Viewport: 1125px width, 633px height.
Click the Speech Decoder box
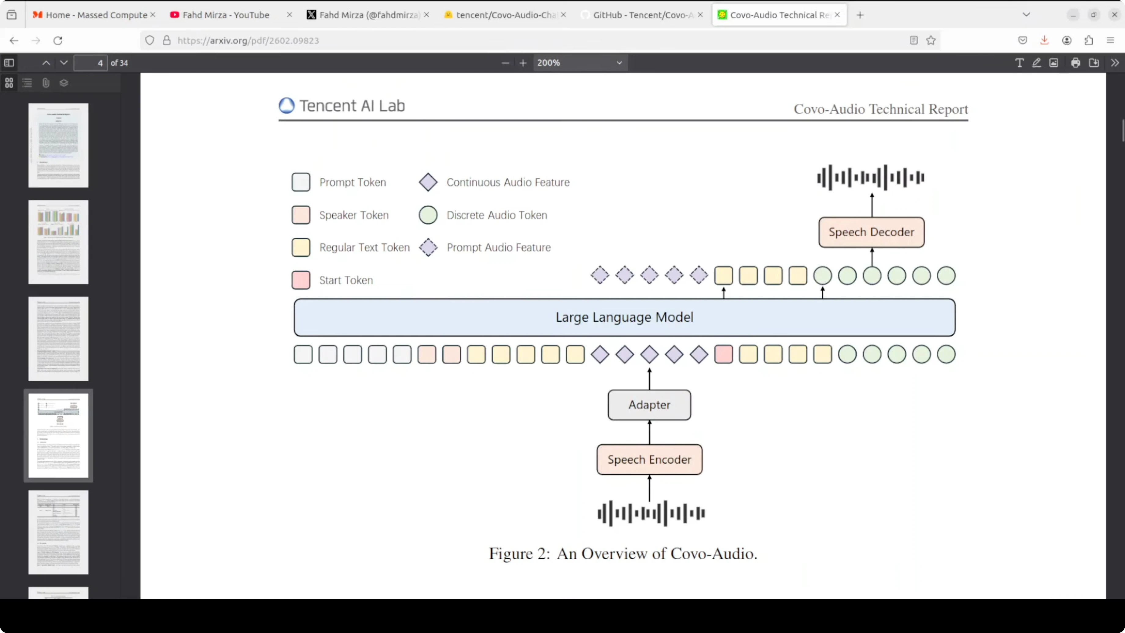coord(871,232)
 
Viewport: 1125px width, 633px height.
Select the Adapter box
coord(649,405)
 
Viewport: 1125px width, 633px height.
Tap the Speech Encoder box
coord(649,460)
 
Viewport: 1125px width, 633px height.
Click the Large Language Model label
coord(624,317)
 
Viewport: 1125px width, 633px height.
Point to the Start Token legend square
coord(301,280)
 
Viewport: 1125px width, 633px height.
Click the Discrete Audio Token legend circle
coord(428,215)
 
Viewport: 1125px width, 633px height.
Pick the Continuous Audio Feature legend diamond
coord(428,182)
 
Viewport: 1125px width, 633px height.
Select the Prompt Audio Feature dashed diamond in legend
coord(428,247)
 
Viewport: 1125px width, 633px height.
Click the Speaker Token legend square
coord(301,215)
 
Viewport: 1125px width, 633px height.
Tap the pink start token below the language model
coord(723,354)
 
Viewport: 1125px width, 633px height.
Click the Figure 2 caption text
coord(623,553)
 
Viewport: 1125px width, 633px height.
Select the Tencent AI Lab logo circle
coord(286,106)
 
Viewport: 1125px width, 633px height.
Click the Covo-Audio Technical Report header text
coord(880,109)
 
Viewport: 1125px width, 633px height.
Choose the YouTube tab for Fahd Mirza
coord(225,15)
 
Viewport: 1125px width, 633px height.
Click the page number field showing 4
coord(90,63)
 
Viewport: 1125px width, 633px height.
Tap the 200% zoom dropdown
coord(579,63)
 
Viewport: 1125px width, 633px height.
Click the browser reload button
coord(58,41)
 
